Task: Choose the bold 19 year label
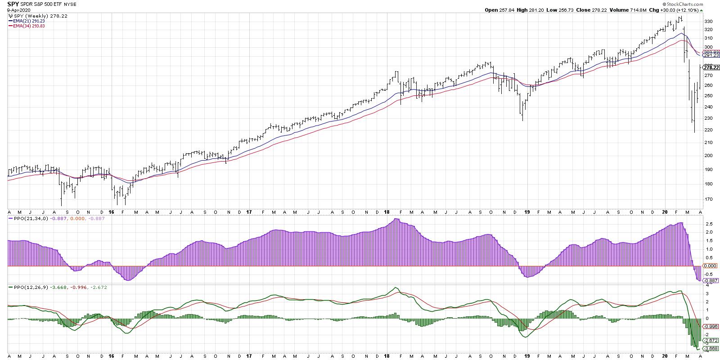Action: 526,212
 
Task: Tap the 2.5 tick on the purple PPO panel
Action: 708,224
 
